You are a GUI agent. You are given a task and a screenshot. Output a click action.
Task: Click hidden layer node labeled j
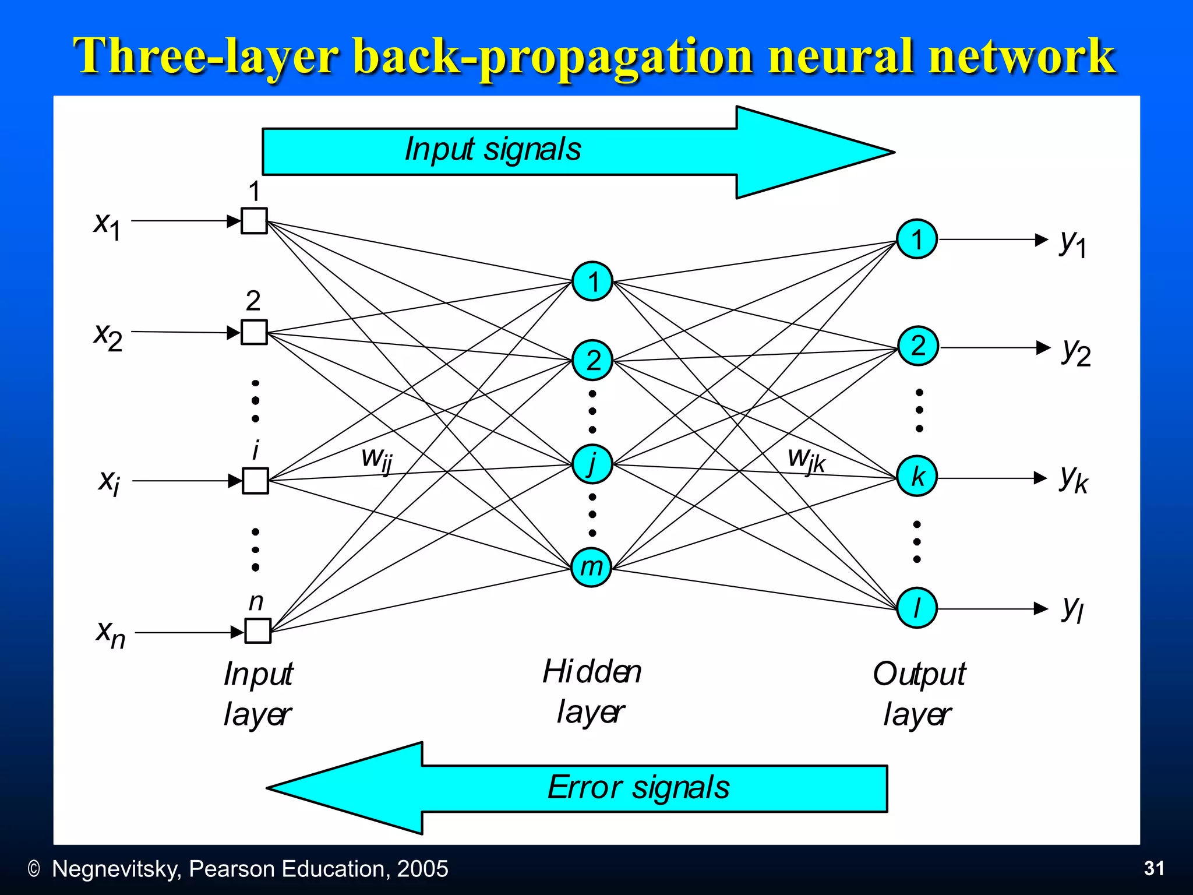(592, 464)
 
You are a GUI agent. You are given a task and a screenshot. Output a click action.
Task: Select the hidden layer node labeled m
(591, 566)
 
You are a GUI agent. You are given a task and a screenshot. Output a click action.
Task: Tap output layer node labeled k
(917, 477)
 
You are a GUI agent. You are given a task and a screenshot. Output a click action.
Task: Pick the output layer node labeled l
(917, 608)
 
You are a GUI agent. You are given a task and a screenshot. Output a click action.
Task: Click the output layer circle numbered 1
(917, 239)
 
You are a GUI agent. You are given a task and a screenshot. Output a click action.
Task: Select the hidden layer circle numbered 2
(592, 360)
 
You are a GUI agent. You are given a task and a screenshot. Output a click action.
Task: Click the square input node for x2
(254, 332)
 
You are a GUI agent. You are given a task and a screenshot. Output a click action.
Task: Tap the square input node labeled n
(257, 630)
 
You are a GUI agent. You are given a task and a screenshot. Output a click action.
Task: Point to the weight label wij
(376, 459)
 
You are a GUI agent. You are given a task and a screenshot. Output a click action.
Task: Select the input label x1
(108, 225)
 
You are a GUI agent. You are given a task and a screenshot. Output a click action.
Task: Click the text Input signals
(493, 149)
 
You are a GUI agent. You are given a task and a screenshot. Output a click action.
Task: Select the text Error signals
(638, 788)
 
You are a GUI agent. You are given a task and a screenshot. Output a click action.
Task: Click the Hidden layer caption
(592, 692)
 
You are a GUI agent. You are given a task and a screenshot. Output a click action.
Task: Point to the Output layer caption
(919, 694)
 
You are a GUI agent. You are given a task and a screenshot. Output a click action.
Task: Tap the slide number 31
(1154, 868)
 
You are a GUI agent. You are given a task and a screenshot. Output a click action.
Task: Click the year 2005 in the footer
(422, 869)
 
